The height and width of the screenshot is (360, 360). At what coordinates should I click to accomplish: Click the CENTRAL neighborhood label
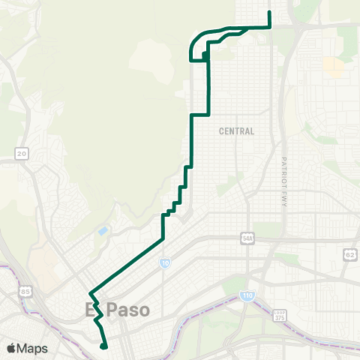point(236,131)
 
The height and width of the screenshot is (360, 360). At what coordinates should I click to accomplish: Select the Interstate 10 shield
point(164,263)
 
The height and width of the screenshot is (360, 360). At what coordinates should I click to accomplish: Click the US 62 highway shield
point(349,255)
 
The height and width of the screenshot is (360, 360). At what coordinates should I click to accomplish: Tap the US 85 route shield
point(26,290)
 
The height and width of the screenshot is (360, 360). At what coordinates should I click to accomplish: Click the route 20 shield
point(22,153)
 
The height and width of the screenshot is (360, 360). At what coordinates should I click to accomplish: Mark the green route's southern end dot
point(103,346)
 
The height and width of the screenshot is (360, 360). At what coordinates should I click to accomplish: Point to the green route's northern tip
point(269,13)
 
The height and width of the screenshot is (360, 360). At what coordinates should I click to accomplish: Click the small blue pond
point(103,230)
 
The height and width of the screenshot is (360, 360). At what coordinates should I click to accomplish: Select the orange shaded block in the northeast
point(334,67)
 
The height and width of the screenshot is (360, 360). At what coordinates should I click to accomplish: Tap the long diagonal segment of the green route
point(127,265)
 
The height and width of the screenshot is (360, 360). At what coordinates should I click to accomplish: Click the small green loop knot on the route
point(205,55)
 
